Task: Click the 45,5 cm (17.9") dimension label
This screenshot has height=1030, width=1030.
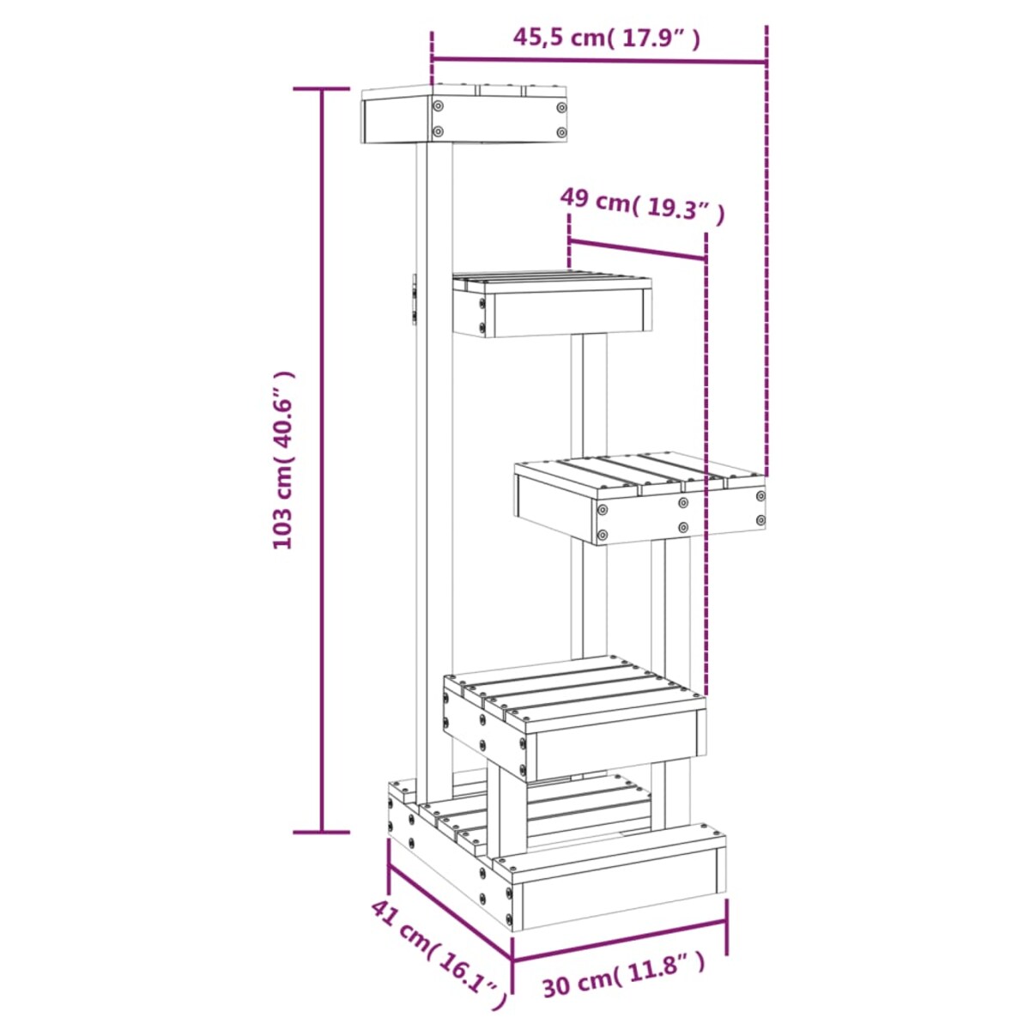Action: [x=606, y=38]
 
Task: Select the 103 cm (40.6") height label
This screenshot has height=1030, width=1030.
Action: [x=282, y=460]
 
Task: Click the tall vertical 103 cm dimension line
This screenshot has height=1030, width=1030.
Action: [x=323, y=460]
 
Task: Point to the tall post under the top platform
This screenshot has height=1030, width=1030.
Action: [x=434, y=463]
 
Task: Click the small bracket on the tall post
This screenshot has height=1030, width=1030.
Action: [x=414, y=300]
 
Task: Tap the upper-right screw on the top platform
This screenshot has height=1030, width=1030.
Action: [x=561, y=108]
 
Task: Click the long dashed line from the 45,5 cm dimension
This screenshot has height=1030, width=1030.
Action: [x=766, y=257]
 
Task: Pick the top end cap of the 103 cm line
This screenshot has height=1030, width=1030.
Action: [x=323, y=88]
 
